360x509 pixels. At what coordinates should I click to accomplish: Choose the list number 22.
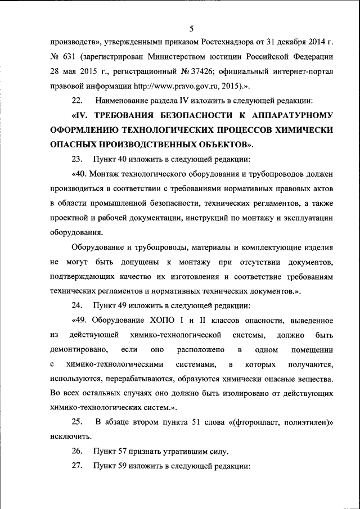click(78, 101)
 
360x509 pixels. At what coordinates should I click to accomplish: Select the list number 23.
click(78, 159)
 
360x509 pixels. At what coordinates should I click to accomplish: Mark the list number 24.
click(78, 305)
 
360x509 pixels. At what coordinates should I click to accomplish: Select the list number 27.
click(78, 466)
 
